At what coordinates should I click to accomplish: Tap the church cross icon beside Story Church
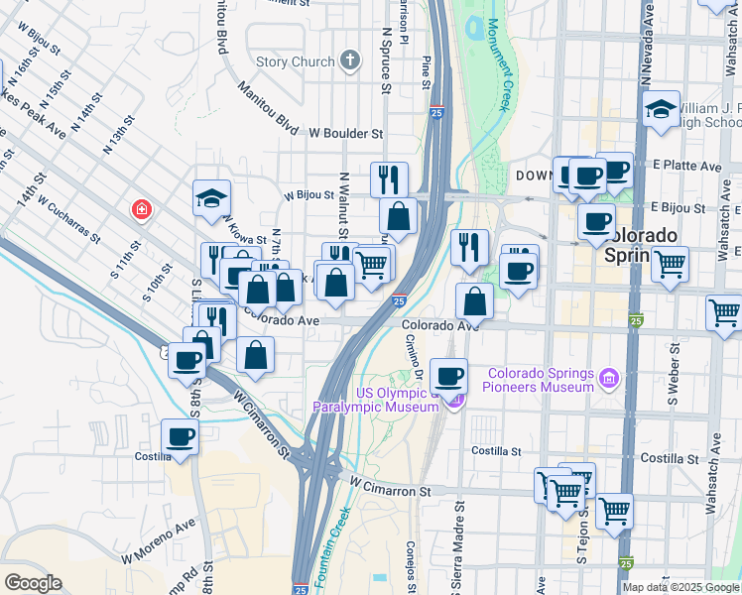(x=348, y=61)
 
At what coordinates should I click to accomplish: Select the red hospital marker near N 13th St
(x=143, y=210)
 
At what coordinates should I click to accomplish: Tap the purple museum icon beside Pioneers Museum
(x=610, y=377)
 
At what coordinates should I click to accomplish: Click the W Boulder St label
(x=345, y=132)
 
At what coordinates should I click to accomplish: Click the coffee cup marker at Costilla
(x=181, y=436)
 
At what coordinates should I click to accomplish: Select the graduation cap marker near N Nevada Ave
(x=661, y=109)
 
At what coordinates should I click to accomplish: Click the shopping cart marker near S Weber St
(x=671, y=264)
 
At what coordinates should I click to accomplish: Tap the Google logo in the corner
(x=33, y=583)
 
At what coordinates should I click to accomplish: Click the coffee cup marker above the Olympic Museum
(x=449, y=376)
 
